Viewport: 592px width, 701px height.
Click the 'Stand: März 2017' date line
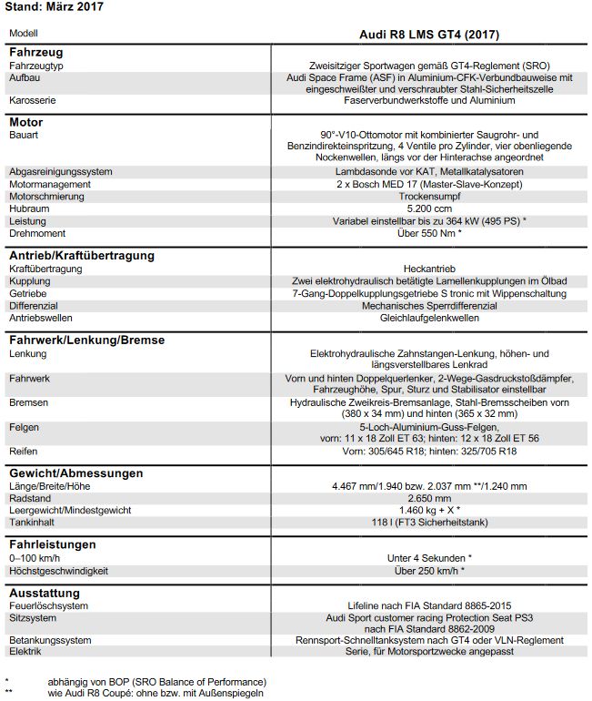tap(54, 7)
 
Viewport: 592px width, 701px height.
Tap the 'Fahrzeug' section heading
tap(35, 52)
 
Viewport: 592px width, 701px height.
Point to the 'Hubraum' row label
tap(29, 208)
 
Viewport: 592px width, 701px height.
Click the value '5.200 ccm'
tap(430, 208)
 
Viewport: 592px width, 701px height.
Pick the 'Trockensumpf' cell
tap(430, 196)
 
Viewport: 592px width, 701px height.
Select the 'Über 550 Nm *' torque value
tap(430, 234)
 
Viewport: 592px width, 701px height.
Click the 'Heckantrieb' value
tap(430, 269)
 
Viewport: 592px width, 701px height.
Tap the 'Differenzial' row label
tap(34, 307)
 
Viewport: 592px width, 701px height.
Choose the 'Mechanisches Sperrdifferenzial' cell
tap(430, 307)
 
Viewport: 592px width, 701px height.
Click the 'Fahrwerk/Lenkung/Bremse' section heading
tap(86, 340)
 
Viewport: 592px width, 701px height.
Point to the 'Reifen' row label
tap(23, 452)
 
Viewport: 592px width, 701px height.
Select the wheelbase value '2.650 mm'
tap(430, 499)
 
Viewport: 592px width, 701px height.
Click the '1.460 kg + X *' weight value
tap(430, 511)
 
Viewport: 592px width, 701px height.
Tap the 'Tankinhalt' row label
tap(32, 523)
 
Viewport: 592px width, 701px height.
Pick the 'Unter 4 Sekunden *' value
tap(430, 558)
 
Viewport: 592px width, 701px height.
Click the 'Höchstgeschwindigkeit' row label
tap(58, 571)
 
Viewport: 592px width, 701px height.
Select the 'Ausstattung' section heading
tap(45, 593)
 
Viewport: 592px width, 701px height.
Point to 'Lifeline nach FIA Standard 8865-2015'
tap(430, 605)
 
